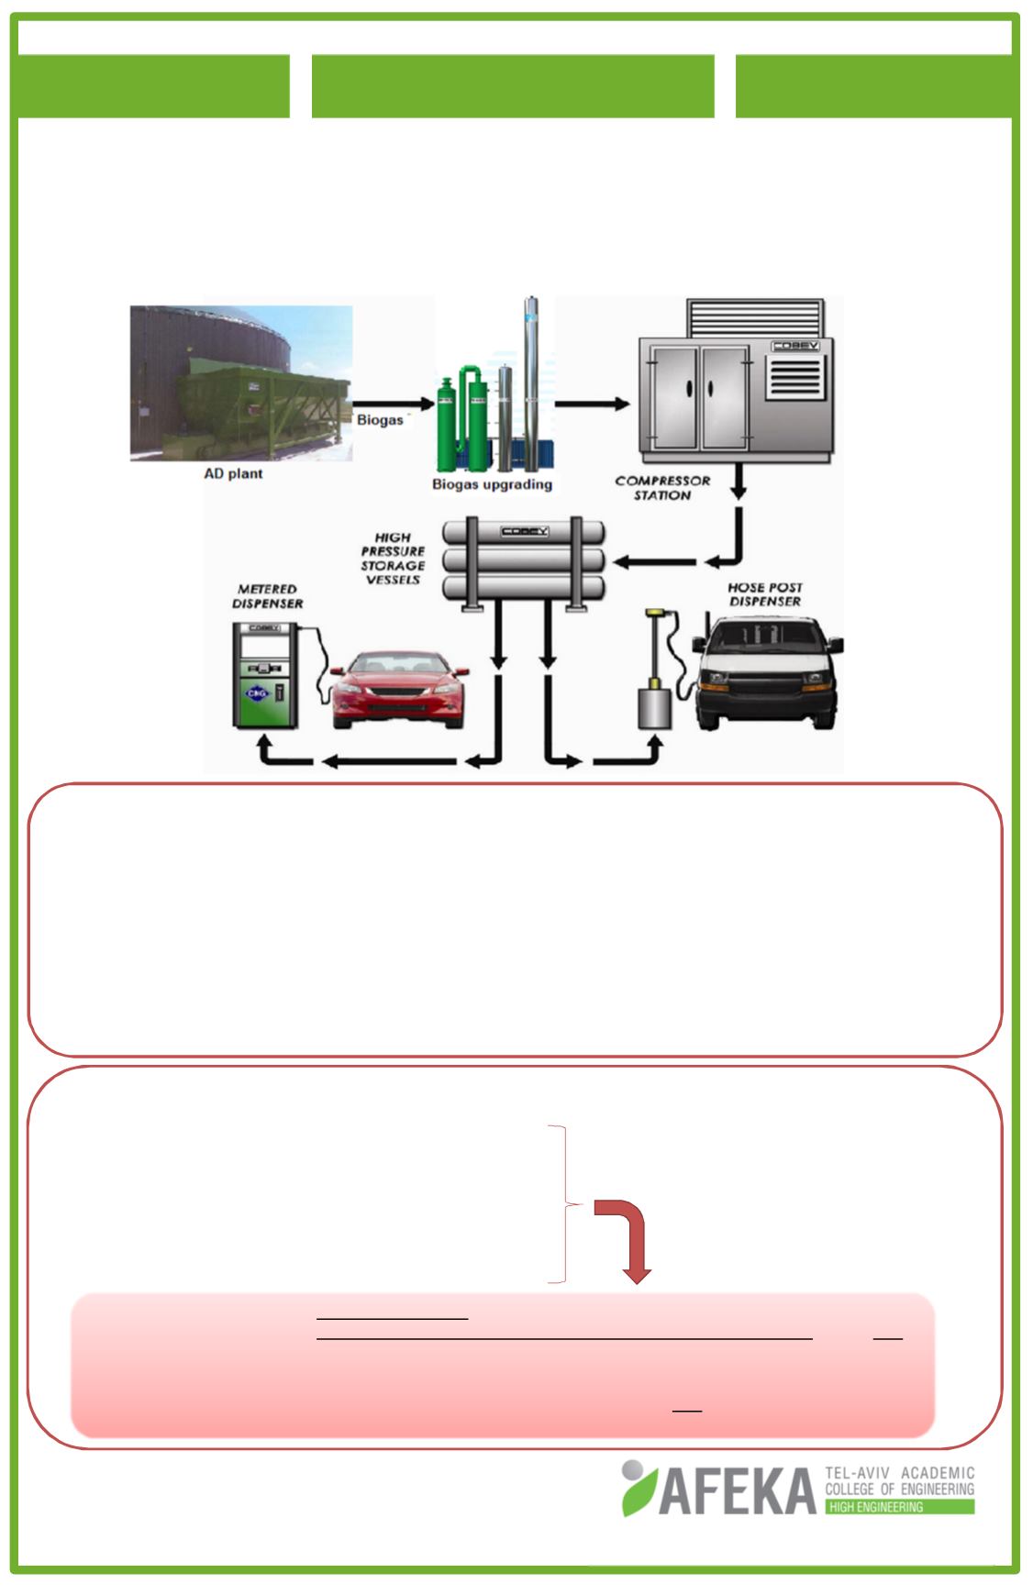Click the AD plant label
233,473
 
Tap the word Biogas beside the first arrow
380,420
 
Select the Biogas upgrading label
492,483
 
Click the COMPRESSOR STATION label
662,487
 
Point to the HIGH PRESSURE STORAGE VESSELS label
393,559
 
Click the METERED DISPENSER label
268,596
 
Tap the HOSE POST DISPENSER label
764,593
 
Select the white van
769,674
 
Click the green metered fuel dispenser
263,675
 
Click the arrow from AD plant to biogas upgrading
393,404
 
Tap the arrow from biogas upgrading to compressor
593,404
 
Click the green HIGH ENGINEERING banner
899,1507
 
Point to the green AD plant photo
241,382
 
